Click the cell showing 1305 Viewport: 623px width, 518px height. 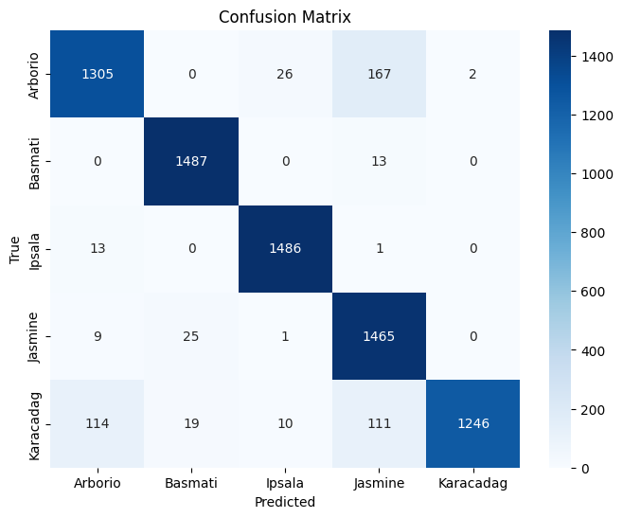(x=97, y=74)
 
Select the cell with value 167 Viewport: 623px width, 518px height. (x=379, y=74)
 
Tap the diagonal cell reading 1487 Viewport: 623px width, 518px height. (x=191, y=161)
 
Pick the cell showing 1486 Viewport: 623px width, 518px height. (x=285, y=249)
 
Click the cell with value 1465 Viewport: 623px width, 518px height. (x=379, y=336)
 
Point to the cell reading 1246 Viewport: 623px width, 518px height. (x=472, y=424)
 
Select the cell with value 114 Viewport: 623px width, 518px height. (x=97, y=424)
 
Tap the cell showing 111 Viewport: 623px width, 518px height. (x=379, y=424)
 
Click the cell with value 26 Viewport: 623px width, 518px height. (x=285, y=74)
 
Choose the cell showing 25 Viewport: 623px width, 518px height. (x=191, y=336)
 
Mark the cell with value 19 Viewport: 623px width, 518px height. (x=191, y=424)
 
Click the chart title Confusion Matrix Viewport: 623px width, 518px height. (x=285, y=17)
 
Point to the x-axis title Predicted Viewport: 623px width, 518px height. (x=285, y=502)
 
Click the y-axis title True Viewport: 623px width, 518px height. (x=14, y=250)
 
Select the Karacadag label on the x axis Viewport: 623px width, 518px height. (x=472, y=483)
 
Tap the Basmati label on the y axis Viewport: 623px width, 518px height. (x=34, y=164)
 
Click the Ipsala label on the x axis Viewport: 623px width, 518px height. (x=285, y=483)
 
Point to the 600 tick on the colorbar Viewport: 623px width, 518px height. (x=593, y=292)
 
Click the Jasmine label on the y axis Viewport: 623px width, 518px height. (x=34, y=337)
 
